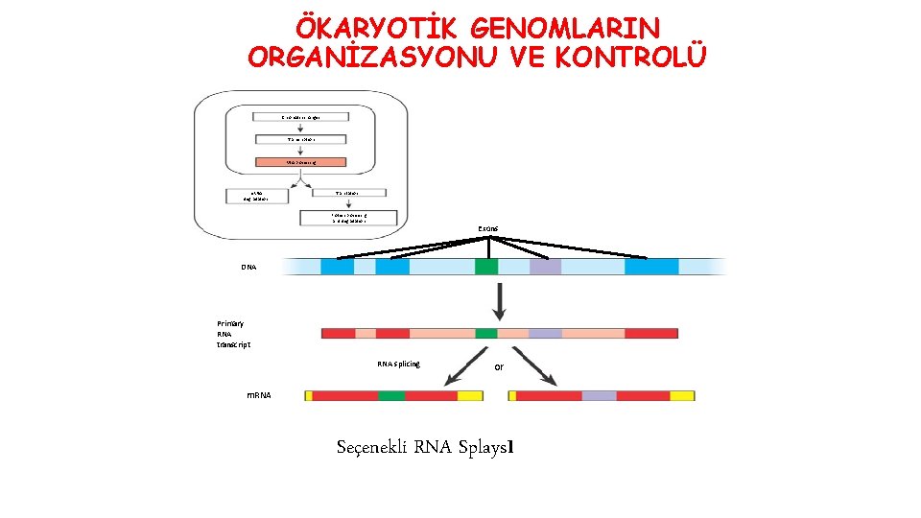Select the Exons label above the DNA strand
(x=487, y=229)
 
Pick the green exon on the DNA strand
(x=486, y=267)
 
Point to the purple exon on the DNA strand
(x=545, y=267)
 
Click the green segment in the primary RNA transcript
(x=486, y=334)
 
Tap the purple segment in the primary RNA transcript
(x=545, y=334)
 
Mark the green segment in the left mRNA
(x=390, y=395)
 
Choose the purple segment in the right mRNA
(x=599, y=395)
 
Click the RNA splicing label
(x=398, y=364)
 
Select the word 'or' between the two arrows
(x=499, y=367)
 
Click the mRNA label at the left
(x=259, y=395)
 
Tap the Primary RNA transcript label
(x=233, y=334)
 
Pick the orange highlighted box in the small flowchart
(x=301, y=163)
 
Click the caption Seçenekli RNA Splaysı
(x=427, y=447)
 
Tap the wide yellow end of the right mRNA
(x=682, y=395)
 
